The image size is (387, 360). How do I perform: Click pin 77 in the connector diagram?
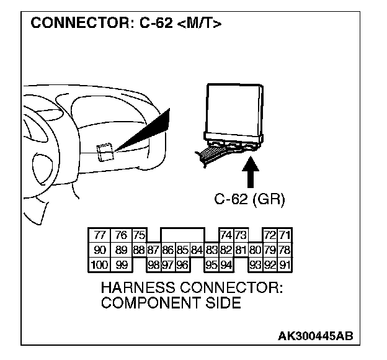coord(99,236)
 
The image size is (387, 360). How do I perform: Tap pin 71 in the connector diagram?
coord(285,236)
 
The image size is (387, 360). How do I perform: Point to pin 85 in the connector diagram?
coord(182,251)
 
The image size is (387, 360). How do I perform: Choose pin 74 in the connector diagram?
coord(226,236)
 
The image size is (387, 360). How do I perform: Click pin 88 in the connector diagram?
coord(139,251)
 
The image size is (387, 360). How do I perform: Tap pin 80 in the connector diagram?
coord(255,251)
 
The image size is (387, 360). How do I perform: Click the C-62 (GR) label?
coord(250,199)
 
